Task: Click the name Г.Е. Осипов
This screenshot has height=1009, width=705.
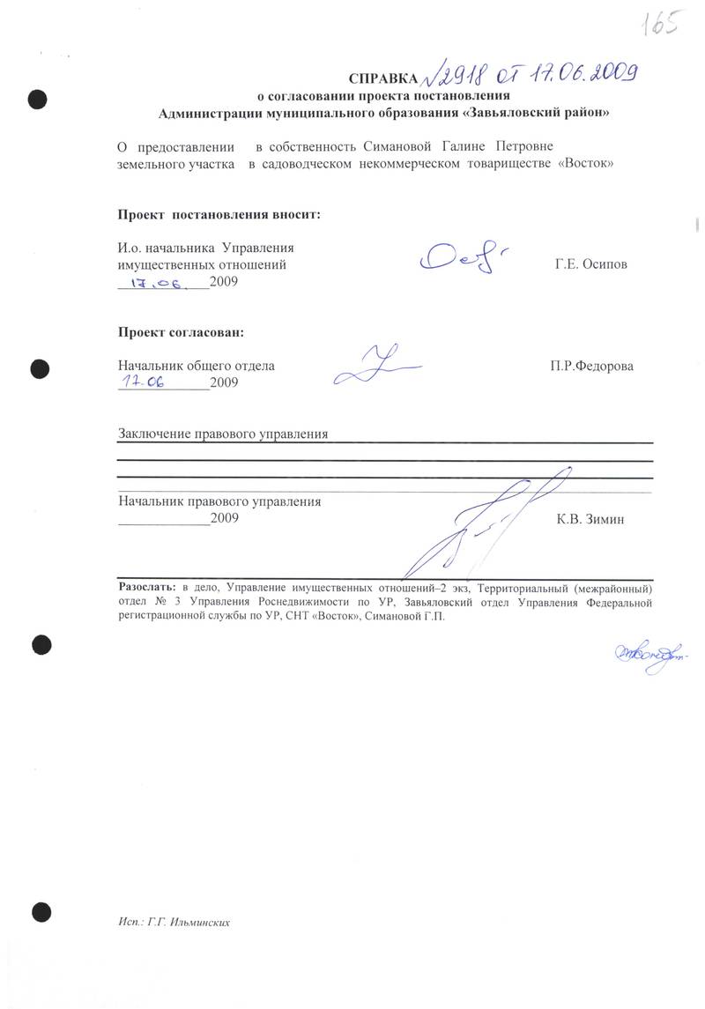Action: (x=591, y=263)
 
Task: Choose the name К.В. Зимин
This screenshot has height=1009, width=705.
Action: (x=590, y=520)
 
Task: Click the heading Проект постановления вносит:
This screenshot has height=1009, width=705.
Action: (x=219, y=214)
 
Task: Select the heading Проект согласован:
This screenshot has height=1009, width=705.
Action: (x=181, y=332)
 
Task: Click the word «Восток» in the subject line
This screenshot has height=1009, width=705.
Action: (x=586, y=164)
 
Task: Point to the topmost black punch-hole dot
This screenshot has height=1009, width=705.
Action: (x=37, y=99)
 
